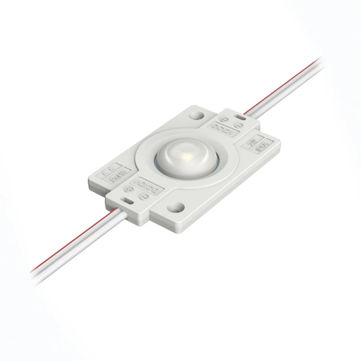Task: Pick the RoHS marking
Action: (x=116, y=177)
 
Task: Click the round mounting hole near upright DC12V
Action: (x=197, y=116)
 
